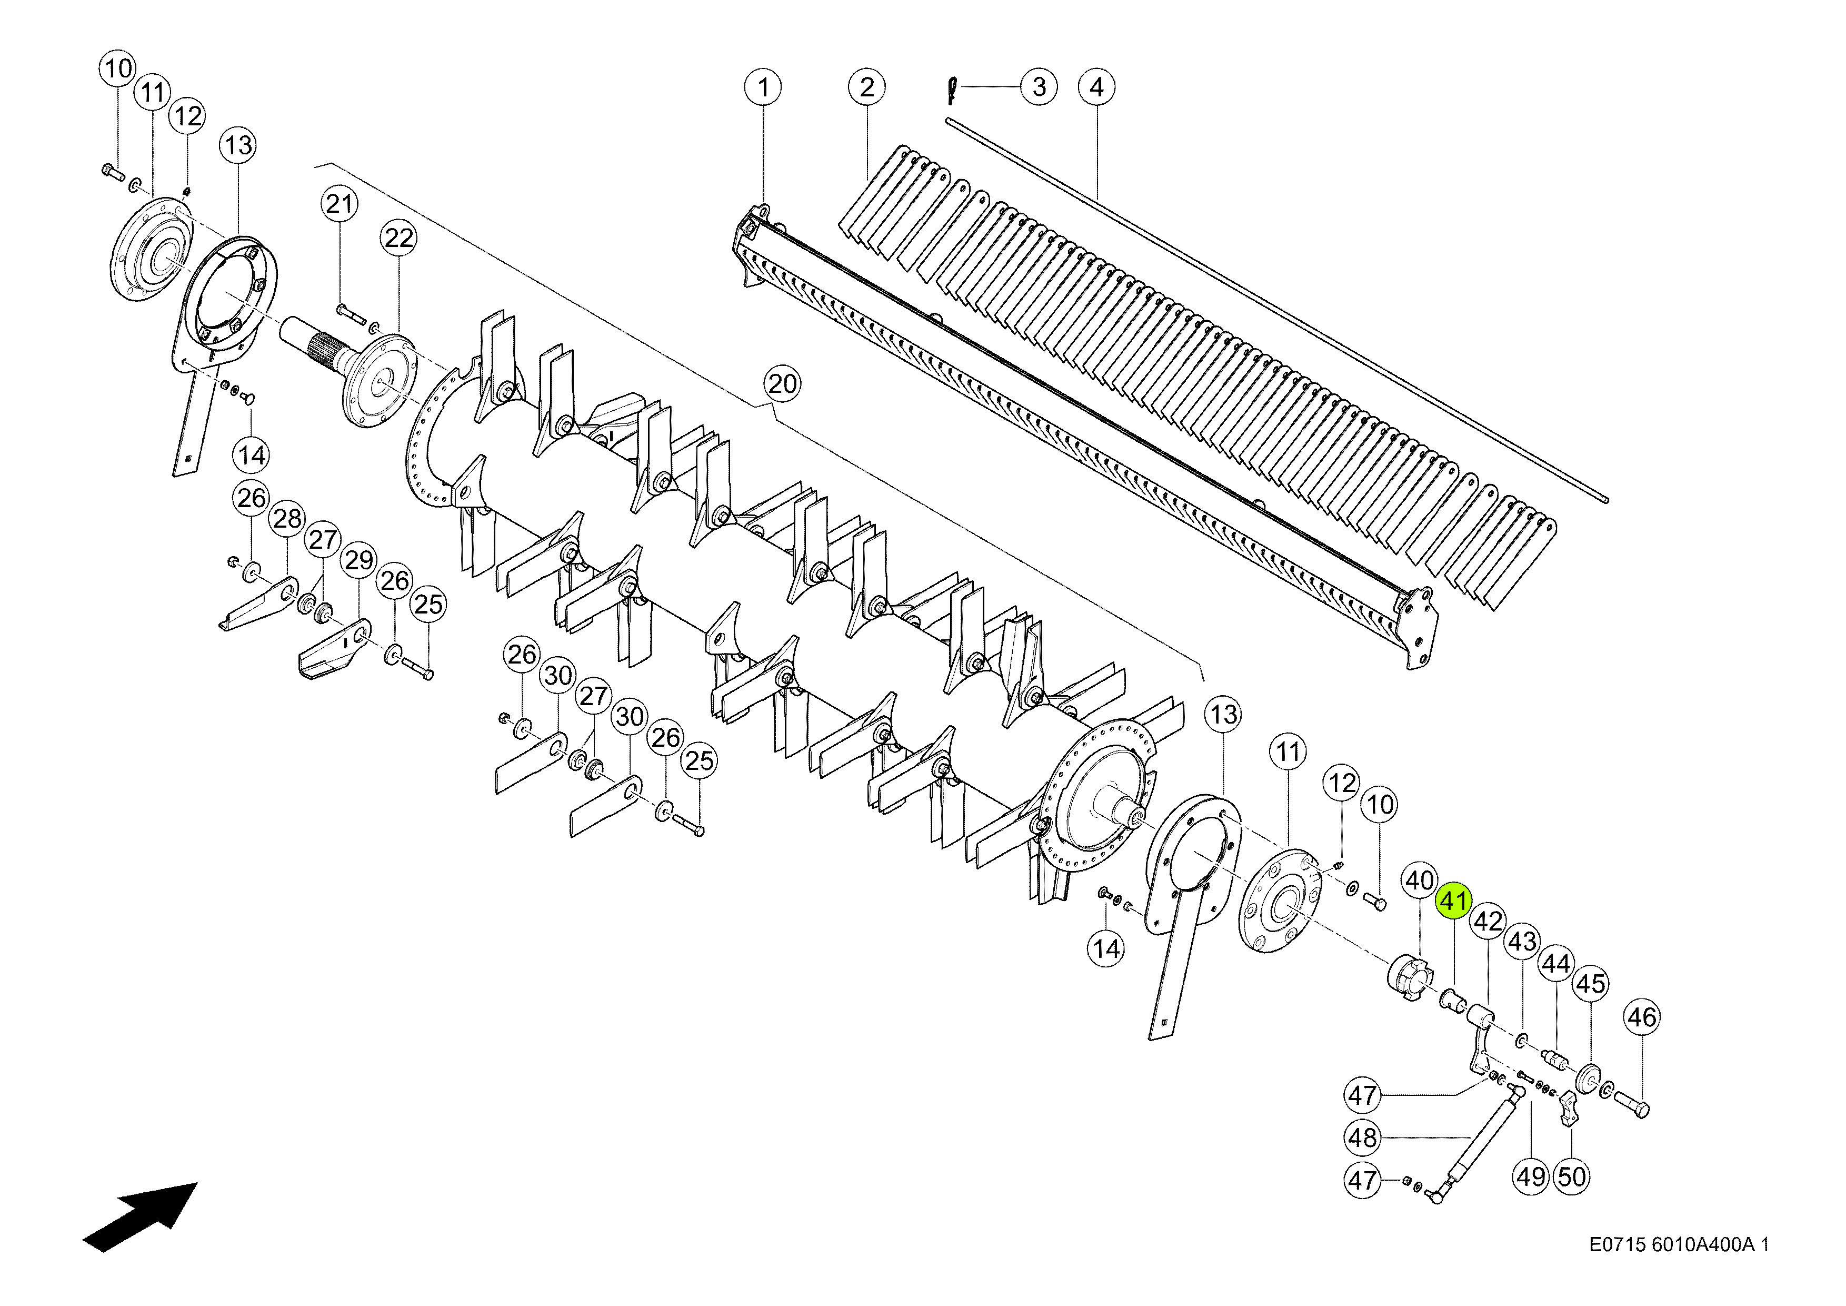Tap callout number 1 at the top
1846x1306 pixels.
763,87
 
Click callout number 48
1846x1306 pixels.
1363,1138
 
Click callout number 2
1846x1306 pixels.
867,87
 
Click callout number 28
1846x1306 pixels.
287,519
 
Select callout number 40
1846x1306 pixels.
1419,880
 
